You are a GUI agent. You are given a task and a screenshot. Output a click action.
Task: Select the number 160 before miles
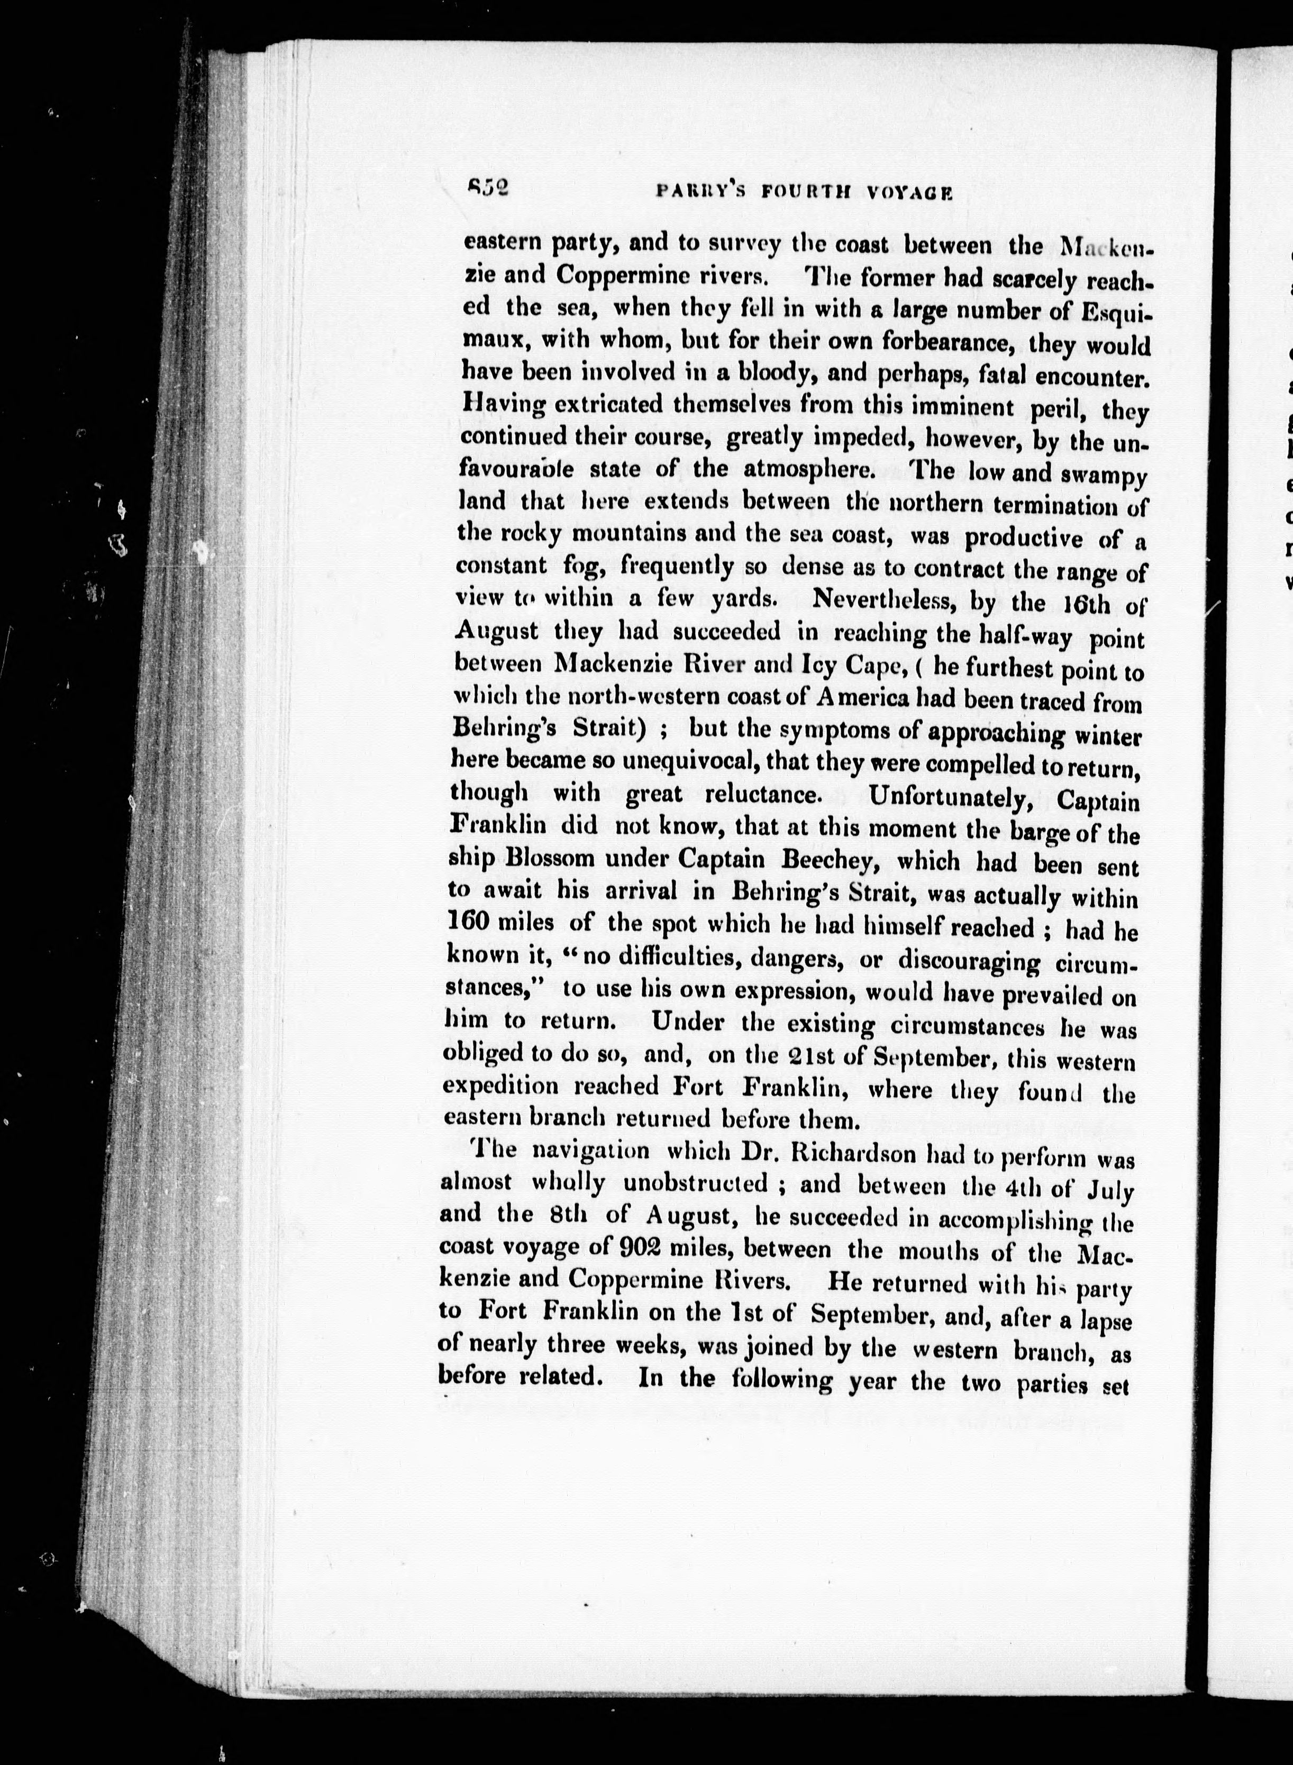tap(470, 922)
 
